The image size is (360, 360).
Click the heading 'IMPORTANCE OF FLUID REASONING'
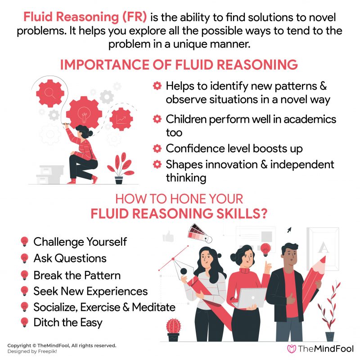coord(179,64)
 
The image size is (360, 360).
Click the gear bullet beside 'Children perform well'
coord(157,119)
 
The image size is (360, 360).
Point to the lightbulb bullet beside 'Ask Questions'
coord(25,258)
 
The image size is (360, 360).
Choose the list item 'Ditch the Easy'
coord(67,322)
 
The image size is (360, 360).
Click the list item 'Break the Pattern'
coord(77,274)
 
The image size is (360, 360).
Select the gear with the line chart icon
coord(121,119)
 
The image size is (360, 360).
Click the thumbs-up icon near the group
coord(168,236)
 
